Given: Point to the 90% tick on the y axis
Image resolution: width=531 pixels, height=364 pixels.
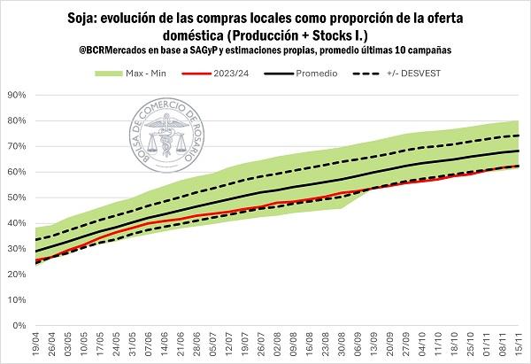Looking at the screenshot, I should click(x=16, y=95).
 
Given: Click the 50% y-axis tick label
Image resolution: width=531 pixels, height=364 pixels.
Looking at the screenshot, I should click(x=16, y=197).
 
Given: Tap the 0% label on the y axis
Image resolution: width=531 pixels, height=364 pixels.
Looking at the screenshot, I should click(x=19, y=325).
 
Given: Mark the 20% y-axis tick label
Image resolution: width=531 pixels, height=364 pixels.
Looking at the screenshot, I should click(x=16, y=274).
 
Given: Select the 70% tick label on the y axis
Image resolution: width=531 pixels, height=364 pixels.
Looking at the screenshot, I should click(x=16, y=146).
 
